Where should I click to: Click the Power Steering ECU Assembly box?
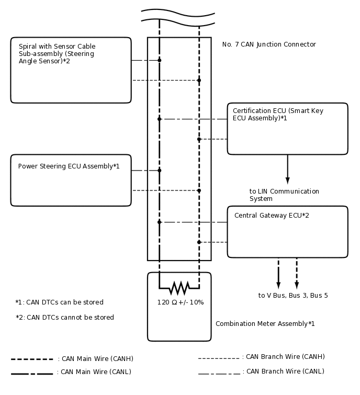tap(71, 180)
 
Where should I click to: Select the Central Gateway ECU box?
tap(287, 232)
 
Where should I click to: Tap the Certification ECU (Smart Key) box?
tap(287, 129)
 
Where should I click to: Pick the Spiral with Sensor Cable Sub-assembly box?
tap(71, 70)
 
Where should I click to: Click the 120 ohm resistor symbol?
tap(179, 288)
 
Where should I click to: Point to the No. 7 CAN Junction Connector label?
tap(269, 44)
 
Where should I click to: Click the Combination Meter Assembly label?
tap(265, 324)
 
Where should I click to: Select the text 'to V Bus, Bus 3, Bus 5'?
tap(293, 296)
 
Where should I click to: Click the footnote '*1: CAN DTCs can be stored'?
tap(60, 302)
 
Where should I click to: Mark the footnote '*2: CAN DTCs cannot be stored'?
tap(65, 318)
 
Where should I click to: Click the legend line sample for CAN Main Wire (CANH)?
tap(32, 359)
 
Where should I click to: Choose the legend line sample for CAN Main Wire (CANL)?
tap(32, 373)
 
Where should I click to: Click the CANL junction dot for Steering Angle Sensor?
tap(160, 60)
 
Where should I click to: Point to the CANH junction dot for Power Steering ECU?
tap(199, 190)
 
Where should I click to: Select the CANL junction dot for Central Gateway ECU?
tap(160, 222)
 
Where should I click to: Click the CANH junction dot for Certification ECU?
tap(199, 139)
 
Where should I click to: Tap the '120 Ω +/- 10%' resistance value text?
tap(181, 302)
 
